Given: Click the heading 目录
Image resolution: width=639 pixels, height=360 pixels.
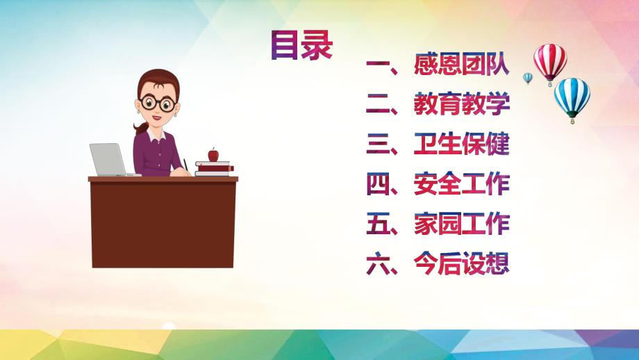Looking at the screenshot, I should point(301,45).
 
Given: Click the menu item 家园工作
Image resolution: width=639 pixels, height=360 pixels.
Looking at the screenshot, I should point(461,224).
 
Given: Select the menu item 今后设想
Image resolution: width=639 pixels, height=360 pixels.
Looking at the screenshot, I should point(461,264).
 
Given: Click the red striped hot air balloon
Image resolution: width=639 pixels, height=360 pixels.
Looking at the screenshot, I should point(549,61).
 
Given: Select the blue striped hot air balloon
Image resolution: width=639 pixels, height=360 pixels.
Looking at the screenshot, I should point(572,97).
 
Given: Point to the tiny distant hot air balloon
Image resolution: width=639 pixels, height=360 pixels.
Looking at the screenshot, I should point(528,78).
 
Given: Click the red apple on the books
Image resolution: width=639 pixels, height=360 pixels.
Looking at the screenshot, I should point(213,154).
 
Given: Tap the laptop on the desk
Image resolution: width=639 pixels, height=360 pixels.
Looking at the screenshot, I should point(108,159).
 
